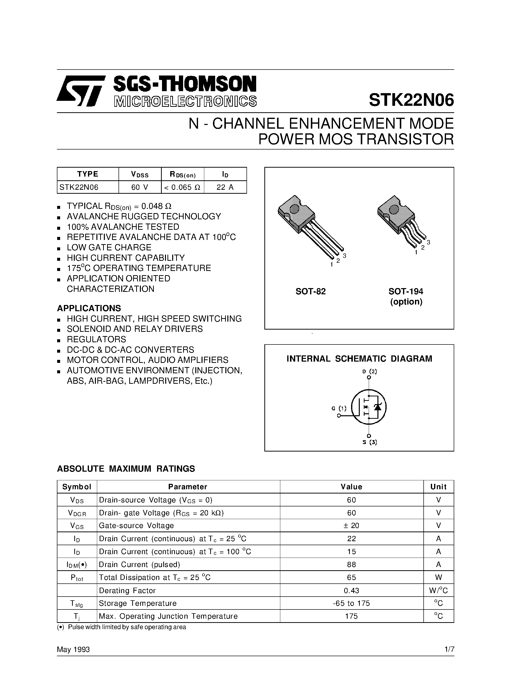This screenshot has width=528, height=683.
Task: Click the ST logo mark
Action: (81, 91)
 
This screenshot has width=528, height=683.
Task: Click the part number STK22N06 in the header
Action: (411, 100)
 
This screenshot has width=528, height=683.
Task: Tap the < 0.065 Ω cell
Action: (182, 187)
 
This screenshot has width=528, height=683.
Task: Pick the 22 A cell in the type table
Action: (225, 187)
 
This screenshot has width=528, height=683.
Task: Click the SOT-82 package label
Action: (311, 292)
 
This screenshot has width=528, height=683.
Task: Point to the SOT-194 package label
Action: (406, 292)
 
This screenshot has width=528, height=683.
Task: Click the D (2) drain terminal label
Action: (369, 372)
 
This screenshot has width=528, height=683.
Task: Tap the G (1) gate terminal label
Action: (339, 408)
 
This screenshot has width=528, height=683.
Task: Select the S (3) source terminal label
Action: (369, 442)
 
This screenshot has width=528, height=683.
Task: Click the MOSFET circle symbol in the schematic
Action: (369, 407)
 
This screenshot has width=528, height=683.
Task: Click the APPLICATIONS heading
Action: (89, 308)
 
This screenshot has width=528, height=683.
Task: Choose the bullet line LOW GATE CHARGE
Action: (109, 247)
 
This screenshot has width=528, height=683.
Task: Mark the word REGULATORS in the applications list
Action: (96, 339)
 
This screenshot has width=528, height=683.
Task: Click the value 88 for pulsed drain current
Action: (351, 565)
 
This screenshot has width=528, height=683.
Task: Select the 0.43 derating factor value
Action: (351, 590)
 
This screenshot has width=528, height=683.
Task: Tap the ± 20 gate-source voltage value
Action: (351, 526)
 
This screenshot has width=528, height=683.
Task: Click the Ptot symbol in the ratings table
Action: (77, 578)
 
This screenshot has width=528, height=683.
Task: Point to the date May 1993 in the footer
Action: (73, 649)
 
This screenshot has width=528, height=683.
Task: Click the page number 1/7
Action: (449, 649)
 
